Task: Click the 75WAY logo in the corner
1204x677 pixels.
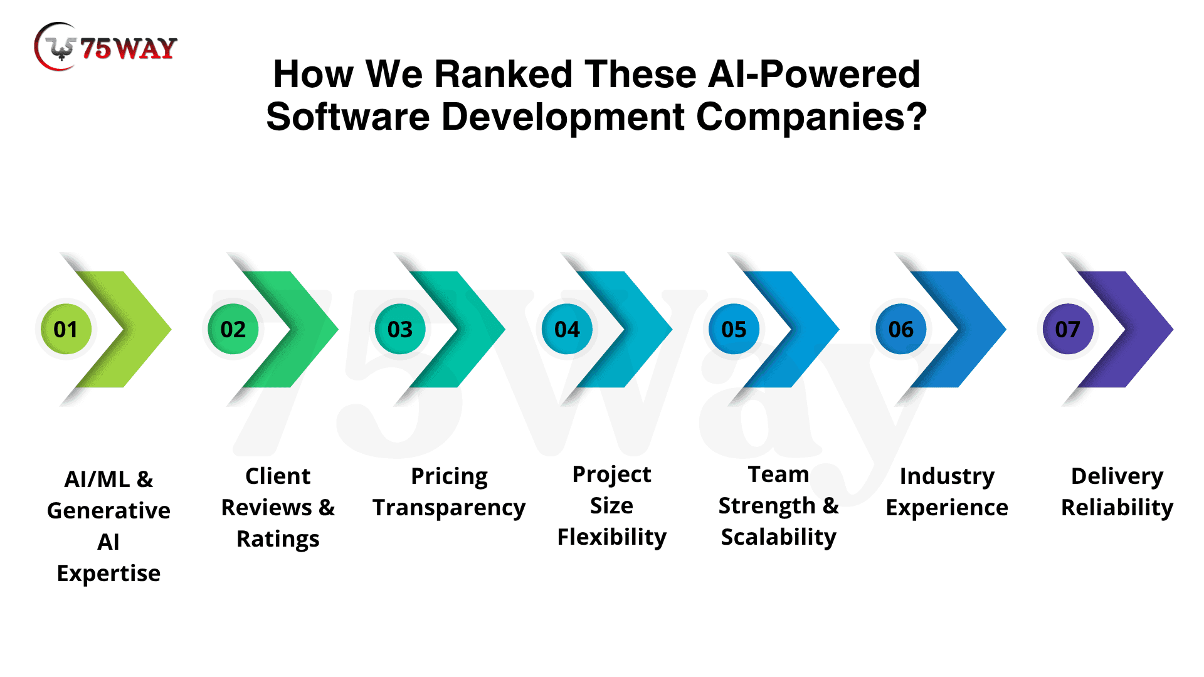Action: [x=105, y=47]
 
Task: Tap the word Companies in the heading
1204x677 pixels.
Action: [x=811, y=117]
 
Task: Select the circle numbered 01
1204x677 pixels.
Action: [x=66, y=329]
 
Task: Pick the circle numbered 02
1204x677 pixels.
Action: [x=233, y=329]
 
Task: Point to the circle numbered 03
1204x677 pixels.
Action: [x=400, y=329]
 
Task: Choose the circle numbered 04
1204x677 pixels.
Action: [x=567, y=329]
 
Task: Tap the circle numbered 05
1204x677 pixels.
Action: [x=734, y=329]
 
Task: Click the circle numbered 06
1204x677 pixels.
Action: [x=901, y=329]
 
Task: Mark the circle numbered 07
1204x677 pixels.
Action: [x=1067, y=329]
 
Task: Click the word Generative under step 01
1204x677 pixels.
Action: [x=108, y=511]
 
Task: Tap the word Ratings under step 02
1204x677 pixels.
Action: [x=278, y=539]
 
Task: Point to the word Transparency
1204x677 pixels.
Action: [x=449, y=508]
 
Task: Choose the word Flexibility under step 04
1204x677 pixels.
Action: [x=612, y=537]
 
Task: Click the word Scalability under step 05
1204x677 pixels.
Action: [x=778, y=537]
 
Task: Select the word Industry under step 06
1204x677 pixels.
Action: [x=947, y=476]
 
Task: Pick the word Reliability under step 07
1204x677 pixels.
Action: [x=1117, y=508]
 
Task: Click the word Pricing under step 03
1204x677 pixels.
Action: [x=449, y=476]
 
